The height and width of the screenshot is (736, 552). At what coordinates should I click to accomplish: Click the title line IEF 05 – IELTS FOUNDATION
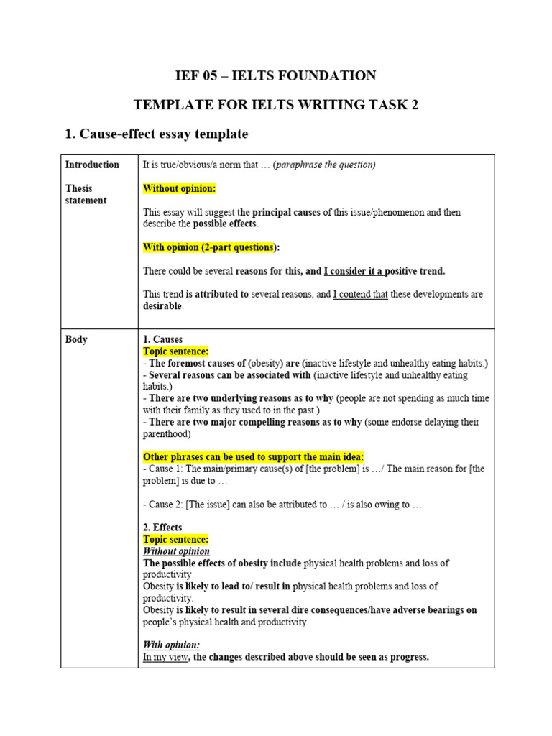[x=276, y=75]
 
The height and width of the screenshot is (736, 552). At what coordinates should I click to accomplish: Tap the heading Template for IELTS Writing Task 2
[x=276, y=105]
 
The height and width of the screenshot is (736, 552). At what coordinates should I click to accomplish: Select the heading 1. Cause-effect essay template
[x=157, y=134]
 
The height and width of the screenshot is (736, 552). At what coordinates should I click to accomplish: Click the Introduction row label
[x=92, y=165]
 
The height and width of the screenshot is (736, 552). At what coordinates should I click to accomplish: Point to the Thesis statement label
[x=86, y=194]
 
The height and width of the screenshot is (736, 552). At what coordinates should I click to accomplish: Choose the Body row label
[x=76, y=339]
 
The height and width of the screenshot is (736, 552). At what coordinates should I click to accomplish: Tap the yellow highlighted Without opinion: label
[x=179, y=188]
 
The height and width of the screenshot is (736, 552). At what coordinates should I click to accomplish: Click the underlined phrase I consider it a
[x=354, y=271]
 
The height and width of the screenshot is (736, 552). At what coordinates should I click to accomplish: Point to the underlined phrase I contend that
[x=360, y=295]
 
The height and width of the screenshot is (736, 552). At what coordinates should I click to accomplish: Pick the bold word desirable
[x=162, y=306]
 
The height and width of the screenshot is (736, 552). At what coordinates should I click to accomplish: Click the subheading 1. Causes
[x=162, y=339]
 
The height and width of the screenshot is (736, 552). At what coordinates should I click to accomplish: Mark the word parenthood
[x=166, y=433]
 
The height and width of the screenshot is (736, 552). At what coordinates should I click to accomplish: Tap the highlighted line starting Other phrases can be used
[x=254, y=457]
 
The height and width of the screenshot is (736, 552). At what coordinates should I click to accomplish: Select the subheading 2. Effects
[x=162, y=528]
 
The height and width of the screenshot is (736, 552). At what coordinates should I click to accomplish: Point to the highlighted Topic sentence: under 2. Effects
[x=175, y=539]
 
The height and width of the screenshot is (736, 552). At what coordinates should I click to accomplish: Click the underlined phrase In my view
[x=165, y=657]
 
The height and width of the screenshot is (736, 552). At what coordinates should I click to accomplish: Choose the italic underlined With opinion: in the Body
[x=171, y=645]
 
